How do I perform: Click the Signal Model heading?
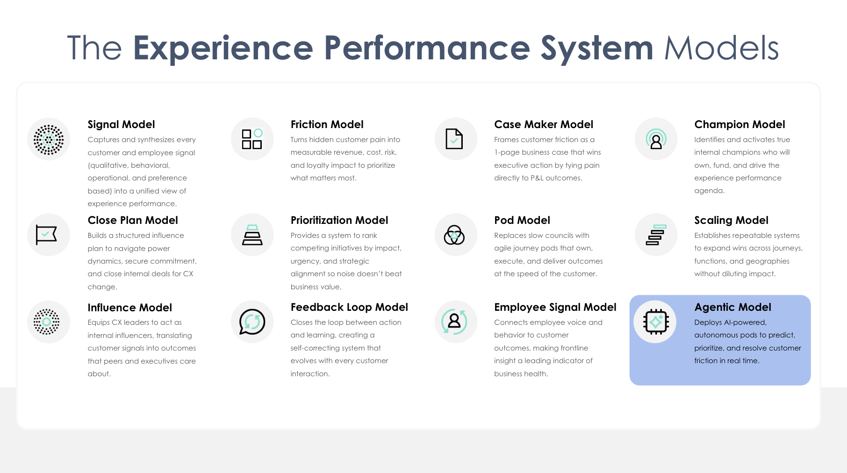(x=121, y=124)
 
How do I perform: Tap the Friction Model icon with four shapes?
(x=252, y=139)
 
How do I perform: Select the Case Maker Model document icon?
(x=454, y=139)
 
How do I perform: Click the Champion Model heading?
(x=739, y=124)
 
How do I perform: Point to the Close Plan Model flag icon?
(x=47, y=235)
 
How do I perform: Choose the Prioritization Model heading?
(x=339, y=220)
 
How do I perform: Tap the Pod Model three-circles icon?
(x=454, y=235)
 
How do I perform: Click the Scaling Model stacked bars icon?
(x=656, y=235)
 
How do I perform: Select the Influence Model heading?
(x=130, y=308)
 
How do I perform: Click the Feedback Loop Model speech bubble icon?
(x=252, y=322)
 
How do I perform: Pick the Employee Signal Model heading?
(x=555, y=307)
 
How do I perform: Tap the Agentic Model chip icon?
(x=656, y=322)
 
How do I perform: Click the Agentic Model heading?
(x=732, y=307)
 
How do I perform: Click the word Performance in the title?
(x=427, y=48)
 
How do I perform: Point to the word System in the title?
(x=597, y=48)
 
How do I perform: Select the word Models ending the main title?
(x=721, y=48)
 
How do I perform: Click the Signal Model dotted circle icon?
(x=49, y=139)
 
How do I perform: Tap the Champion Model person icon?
(x=656, y=139)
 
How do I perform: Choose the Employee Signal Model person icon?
(x=454, y=322)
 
